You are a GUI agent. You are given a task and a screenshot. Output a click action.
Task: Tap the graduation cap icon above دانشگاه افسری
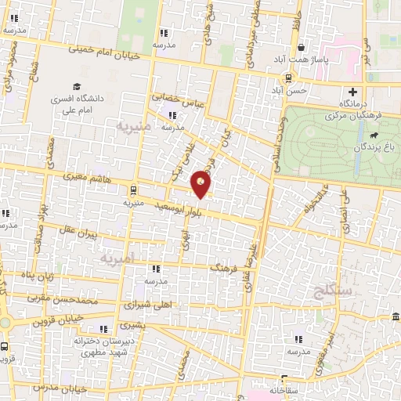tap(77, 86)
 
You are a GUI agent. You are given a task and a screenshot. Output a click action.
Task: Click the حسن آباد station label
tap(288, 92)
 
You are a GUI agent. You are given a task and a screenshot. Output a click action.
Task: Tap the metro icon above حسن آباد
tap(289, 78)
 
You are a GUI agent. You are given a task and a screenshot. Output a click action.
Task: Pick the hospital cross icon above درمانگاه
tap(353, 92)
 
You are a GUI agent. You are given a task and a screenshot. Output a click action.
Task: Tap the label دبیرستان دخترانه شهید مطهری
tap(105, 347)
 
